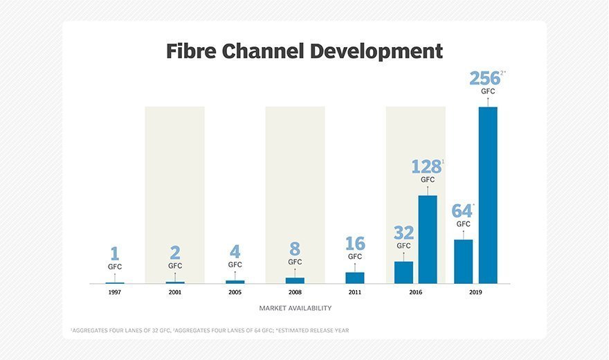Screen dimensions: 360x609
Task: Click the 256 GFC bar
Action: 488,195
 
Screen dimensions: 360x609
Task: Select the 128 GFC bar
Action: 428,239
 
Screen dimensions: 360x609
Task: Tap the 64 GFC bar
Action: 463,261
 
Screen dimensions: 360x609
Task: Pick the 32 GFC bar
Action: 403,272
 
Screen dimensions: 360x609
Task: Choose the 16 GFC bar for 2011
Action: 355,278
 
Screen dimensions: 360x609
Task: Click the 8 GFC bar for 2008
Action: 295,280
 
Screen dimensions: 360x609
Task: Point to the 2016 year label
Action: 415,293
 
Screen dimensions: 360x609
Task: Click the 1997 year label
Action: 115,293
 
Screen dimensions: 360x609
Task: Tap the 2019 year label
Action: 475,293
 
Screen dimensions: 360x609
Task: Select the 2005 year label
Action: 235,293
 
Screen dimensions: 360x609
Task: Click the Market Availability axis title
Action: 296,308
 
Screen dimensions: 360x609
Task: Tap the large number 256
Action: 484,78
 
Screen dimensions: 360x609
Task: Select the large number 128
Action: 426,167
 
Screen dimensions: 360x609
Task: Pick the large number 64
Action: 462,210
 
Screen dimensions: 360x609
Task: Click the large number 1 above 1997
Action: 115,254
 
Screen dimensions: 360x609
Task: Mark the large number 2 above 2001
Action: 175,253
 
